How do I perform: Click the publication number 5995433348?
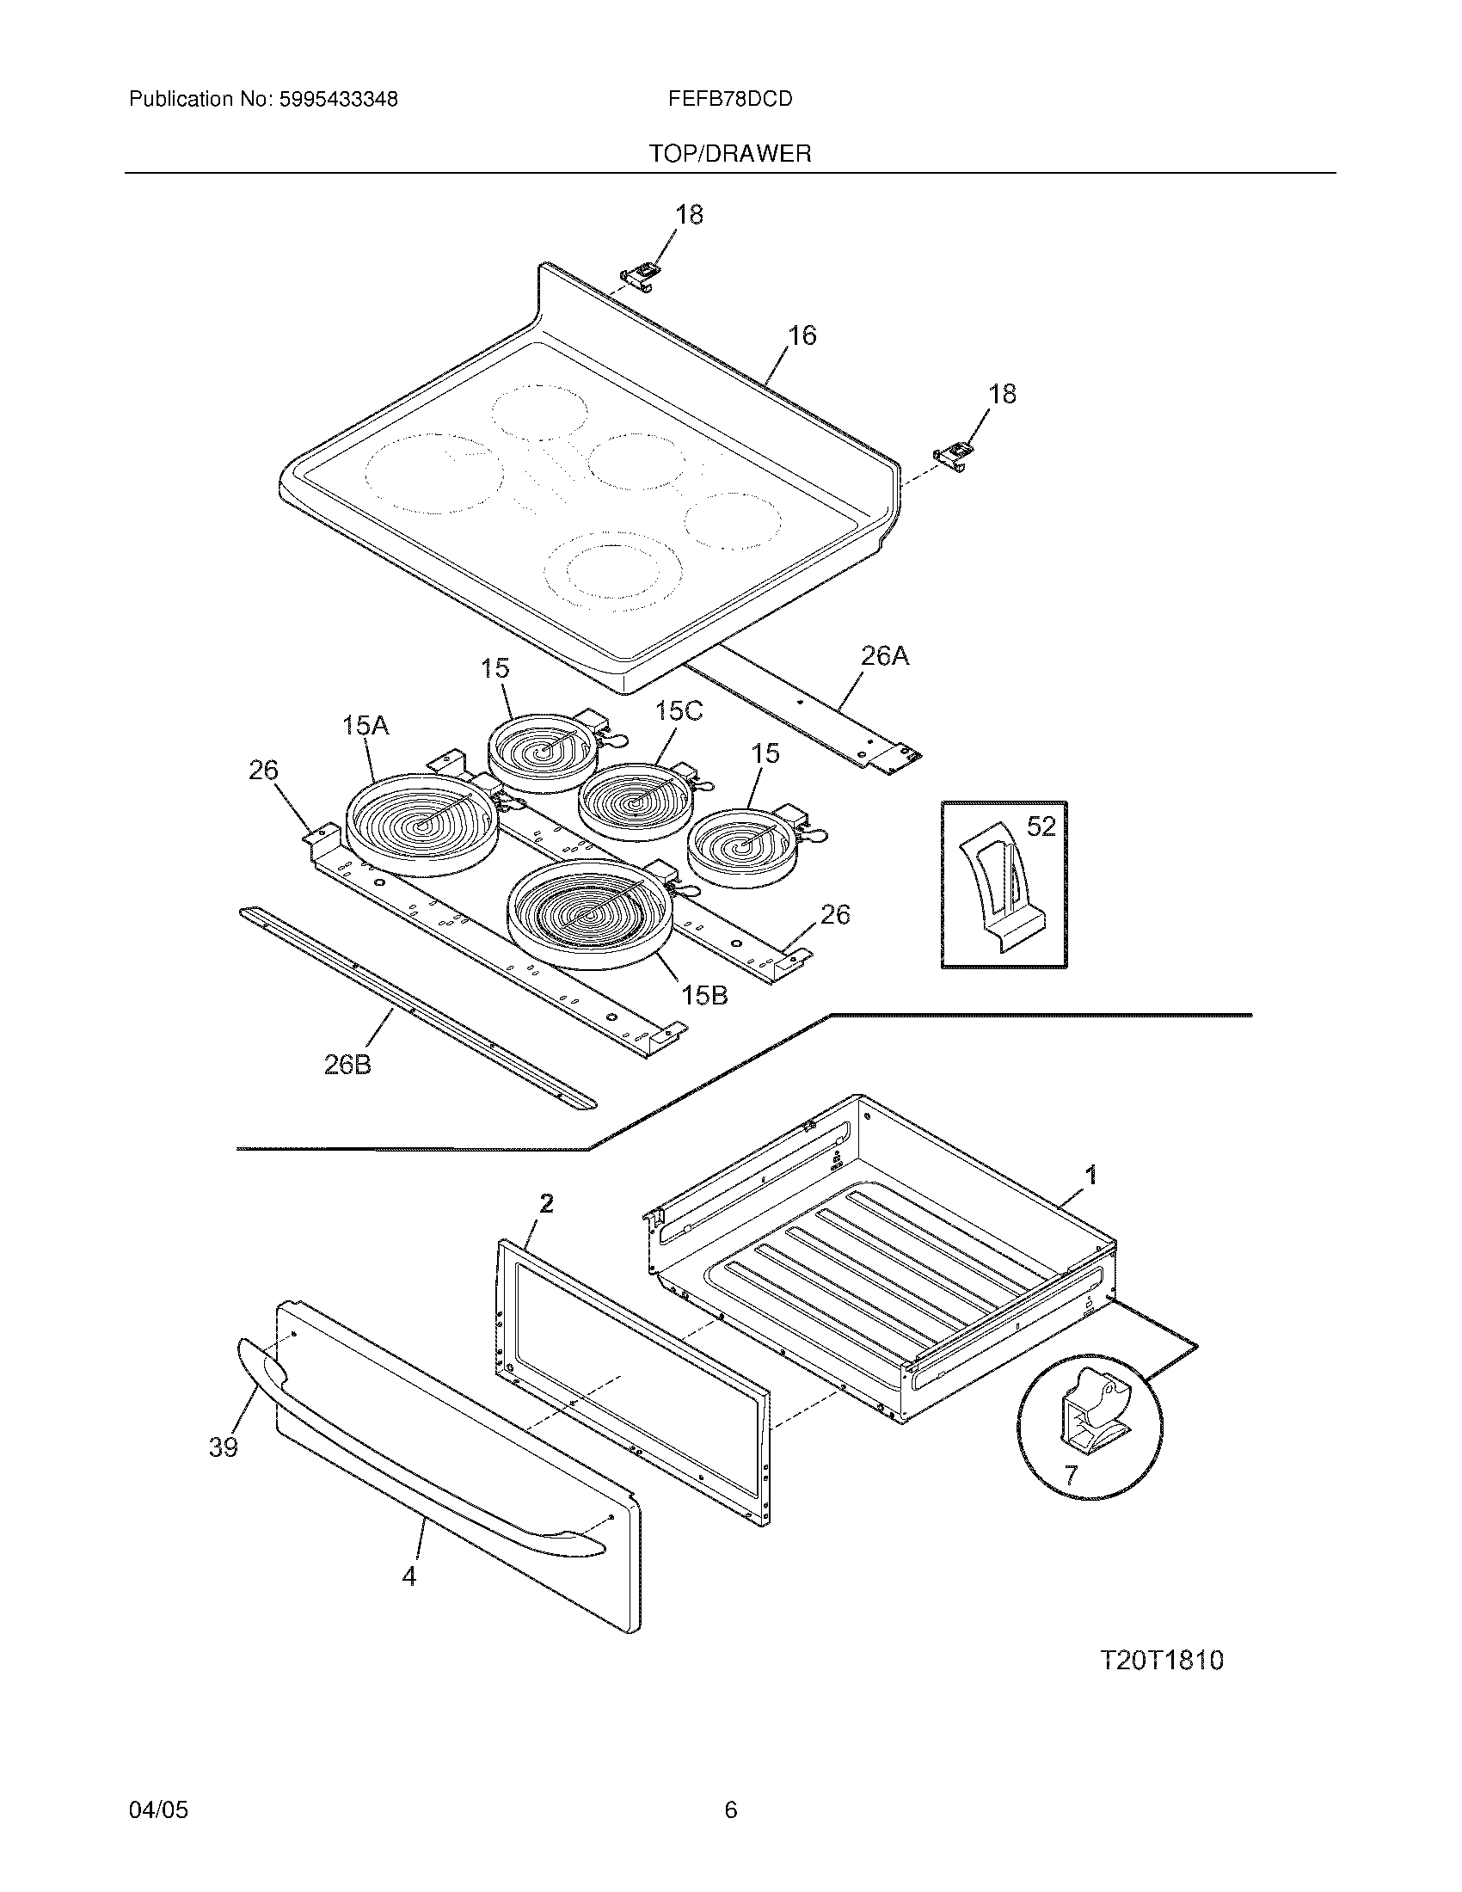point(338,100)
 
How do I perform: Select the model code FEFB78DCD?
point(729,100)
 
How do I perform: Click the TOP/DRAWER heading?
point(730,154)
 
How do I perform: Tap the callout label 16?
point(802,335)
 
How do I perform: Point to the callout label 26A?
point(884,657)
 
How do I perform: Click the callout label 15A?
point(365,724)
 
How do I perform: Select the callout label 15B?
point(704,995)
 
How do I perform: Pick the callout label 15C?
point(679,711)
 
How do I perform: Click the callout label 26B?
point(347,1065)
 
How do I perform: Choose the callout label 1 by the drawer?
point(1091,1175)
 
